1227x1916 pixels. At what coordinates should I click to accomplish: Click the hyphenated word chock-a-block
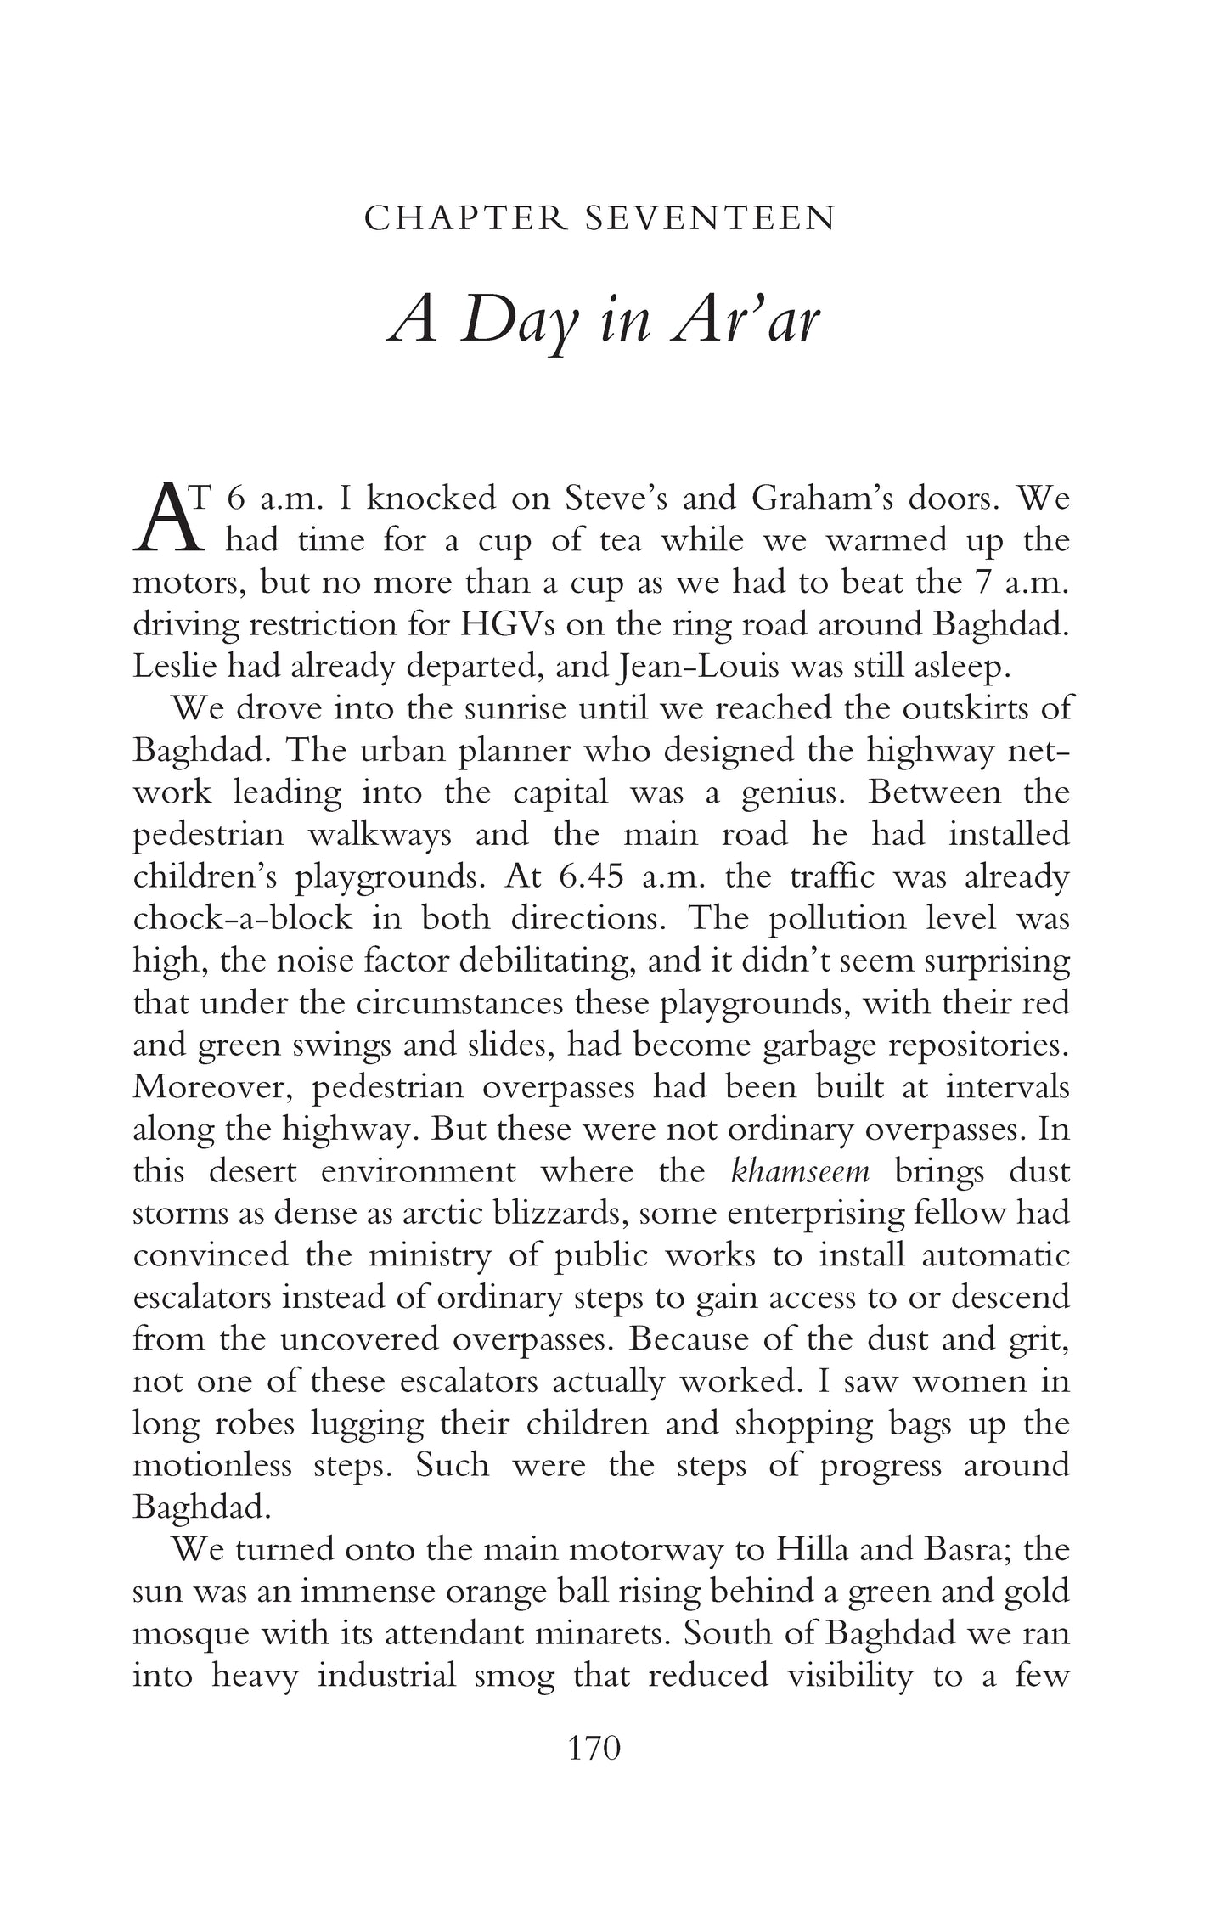coord(242,918)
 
